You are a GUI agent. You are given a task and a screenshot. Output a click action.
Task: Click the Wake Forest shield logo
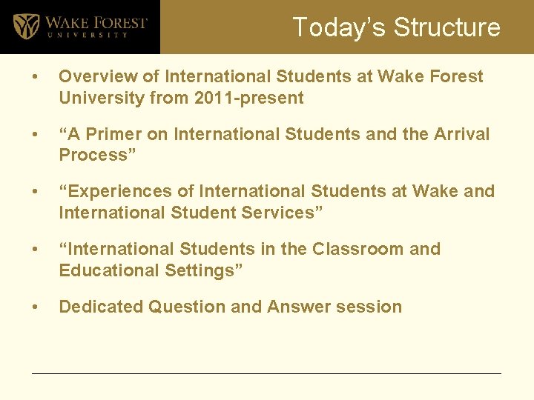[27, 26]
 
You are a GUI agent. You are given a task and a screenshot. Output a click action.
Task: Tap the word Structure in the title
[447, 27]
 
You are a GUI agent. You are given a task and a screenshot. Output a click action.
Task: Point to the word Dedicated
[101, 307]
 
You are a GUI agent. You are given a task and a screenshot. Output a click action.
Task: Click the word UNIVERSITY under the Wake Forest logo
[87, 35]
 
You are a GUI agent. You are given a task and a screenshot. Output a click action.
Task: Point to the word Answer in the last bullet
[299, 307]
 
